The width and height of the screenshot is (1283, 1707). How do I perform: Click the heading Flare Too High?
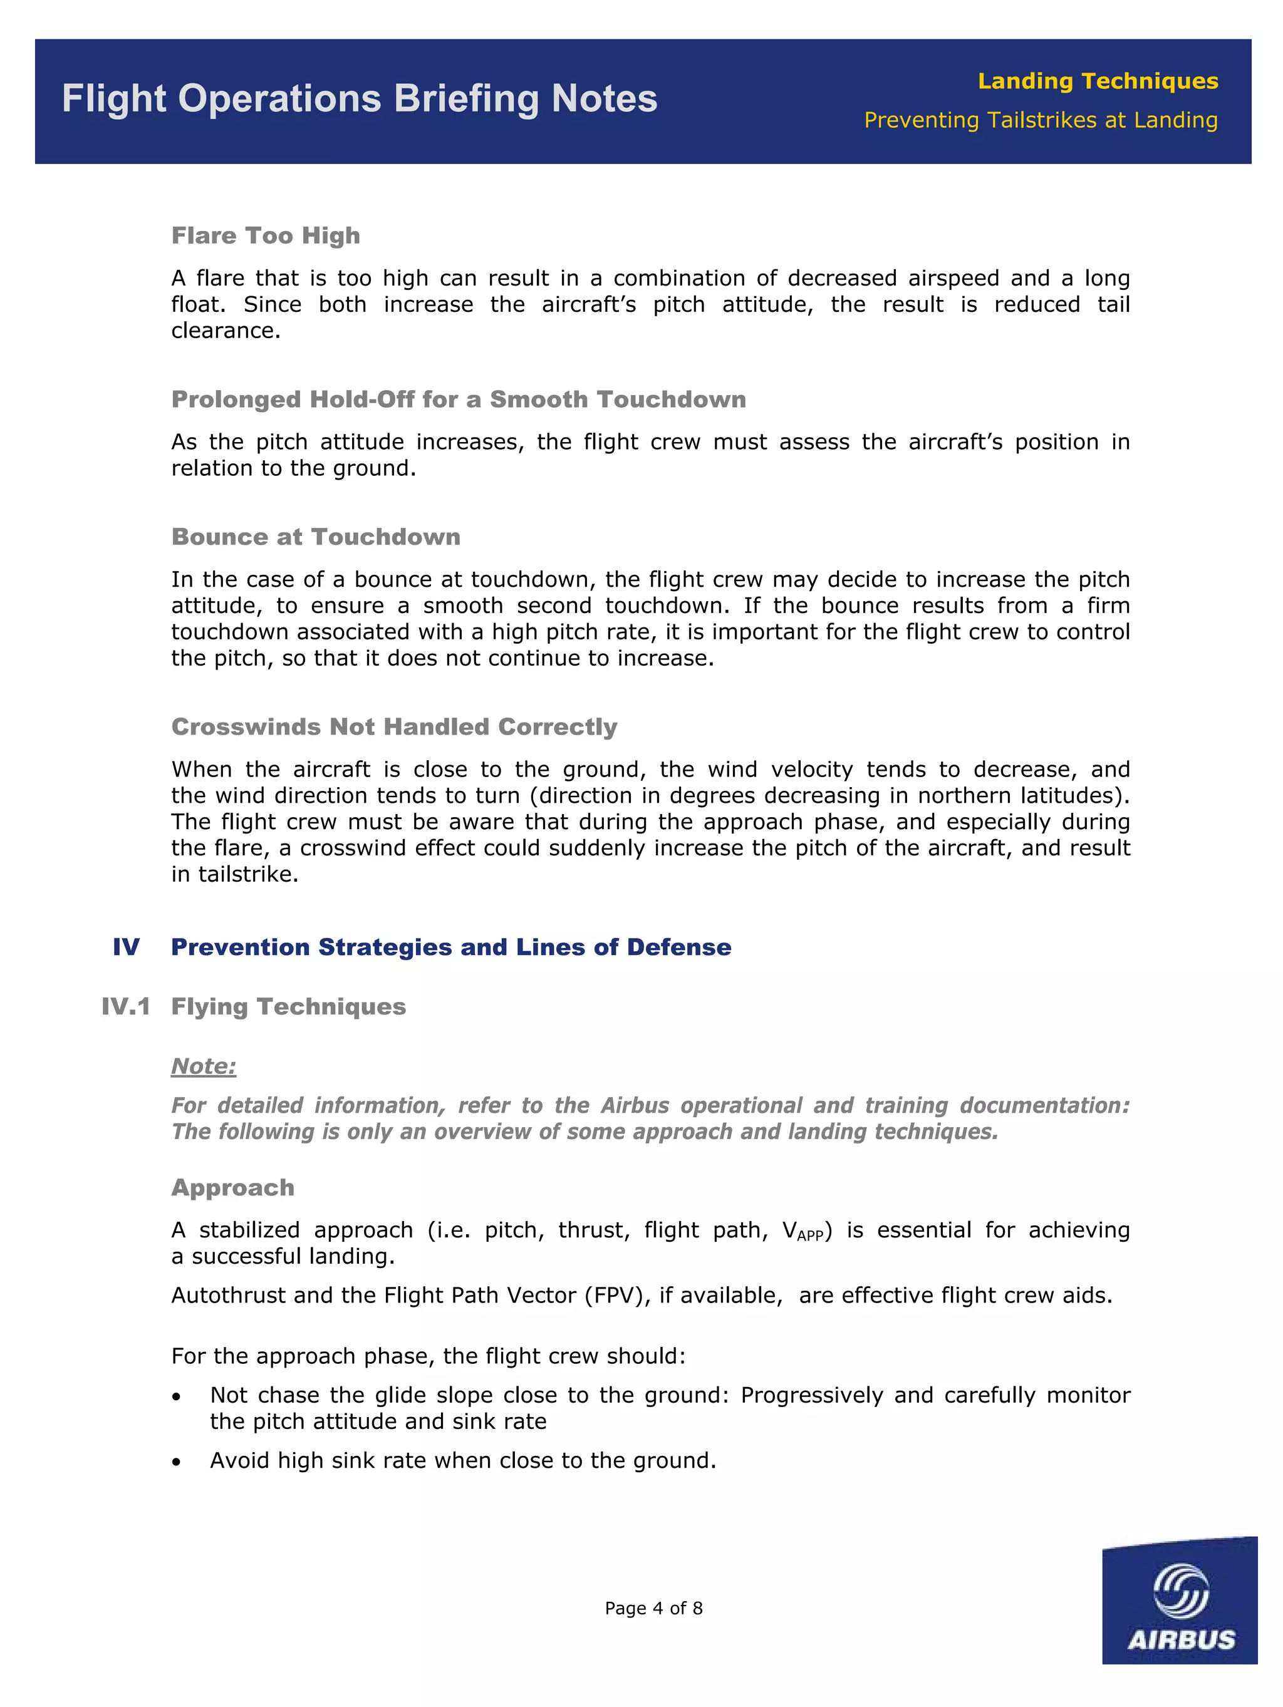266,235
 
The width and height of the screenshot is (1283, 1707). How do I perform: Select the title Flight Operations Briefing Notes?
359,99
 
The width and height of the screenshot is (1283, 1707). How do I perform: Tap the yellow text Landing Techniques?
1097,81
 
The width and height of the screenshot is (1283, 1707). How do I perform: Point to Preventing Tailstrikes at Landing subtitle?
1040,120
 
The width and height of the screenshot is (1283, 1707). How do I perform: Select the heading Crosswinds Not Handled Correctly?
393,726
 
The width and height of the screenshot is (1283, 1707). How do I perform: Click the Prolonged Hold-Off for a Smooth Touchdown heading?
459,399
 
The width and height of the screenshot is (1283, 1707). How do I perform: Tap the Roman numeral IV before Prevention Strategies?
126,947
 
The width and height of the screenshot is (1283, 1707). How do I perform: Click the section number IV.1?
126,1006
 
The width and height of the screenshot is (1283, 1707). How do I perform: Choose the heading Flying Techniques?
288,1006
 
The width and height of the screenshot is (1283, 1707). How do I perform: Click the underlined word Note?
204,1066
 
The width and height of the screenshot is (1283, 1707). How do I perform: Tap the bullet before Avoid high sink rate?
177,1462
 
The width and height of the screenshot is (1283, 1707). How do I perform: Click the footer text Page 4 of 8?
653,1607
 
